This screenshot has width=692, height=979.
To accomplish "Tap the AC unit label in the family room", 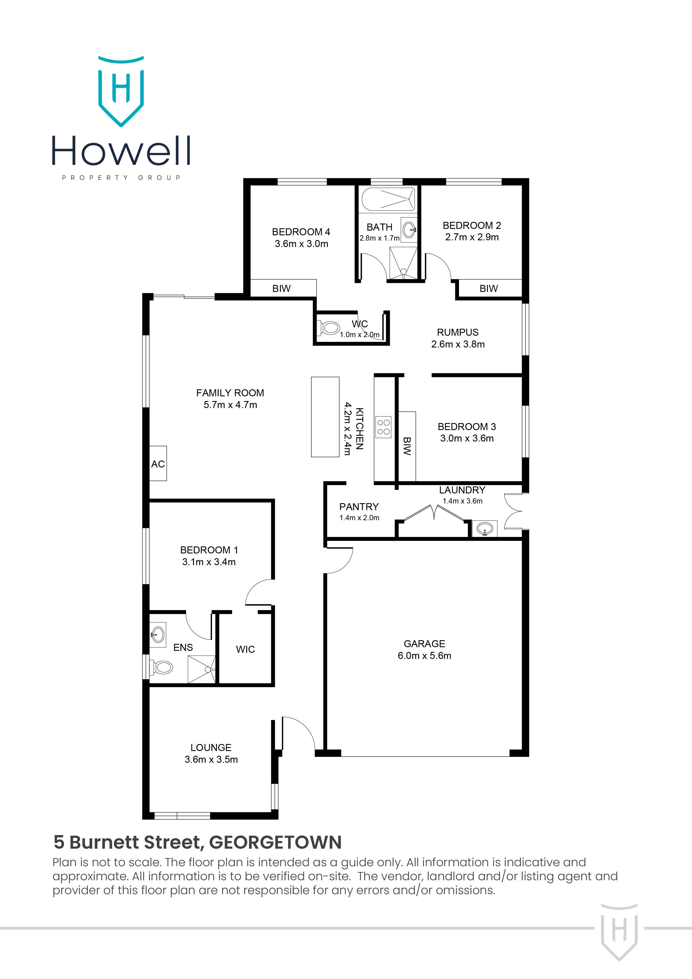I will [x=158, y=464].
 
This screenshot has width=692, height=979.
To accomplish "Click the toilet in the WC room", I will [x=330, y=328].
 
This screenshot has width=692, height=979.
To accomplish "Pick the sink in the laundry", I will [x=485, y=529].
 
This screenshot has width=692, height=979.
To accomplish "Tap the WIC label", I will [x=245, y=649].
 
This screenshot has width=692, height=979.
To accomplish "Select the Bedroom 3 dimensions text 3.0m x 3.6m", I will [x=467, y=438].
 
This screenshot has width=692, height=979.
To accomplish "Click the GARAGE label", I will [x=424, y=644].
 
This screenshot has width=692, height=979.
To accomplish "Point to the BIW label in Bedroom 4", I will [x=282, y=289].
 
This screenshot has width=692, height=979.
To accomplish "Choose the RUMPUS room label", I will [x=458, y=332].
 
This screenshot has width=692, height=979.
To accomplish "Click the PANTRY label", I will [x=359, y=507].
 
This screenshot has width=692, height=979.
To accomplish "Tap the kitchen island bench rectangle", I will [x=325, y=417].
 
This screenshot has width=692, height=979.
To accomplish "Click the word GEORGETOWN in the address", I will [x=275, y=843].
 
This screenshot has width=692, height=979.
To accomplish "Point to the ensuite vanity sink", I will [x=158, y=635].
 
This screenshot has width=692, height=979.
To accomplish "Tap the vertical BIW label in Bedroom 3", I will [x=407, y=446].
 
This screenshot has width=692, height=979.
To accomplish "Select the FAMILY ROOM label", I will [x=230, y=393].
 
